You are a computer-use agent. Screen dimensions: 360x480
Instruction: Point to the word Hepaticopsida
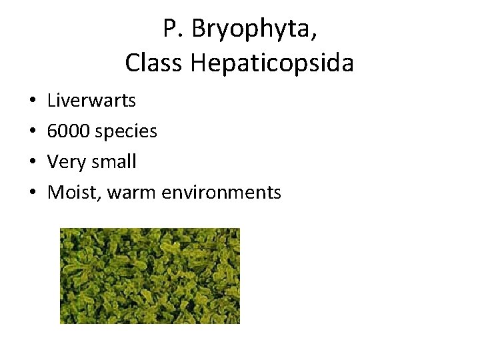click(x=272, y=65)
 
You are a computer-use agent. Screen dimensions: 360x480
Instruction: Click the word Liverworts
click(x=92, y=101)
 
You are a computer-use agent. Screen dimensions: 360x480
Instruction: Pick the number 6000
click(x=69, y=131)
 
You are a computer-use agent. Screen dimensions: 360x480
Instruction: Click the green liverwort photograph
click(x=149, y=275)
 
